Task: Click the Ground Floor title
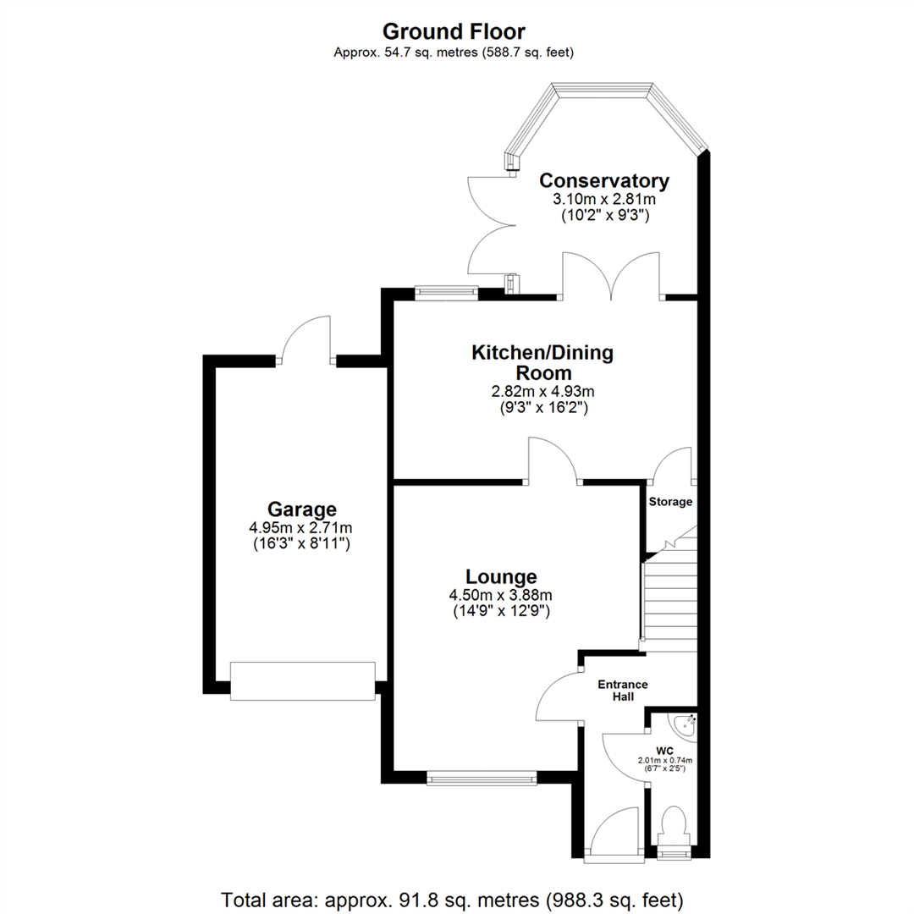[x=454, y=31]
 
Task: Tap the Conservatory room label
[x=604, y=180]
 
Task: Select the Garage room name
[x=302, y=509]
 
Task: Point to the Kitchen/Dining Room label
[x=542, y=362]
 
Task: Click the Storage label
[x=670, y=502]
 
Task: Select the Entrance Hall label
[x=623, y=691]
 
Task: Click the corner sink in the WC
[x=685, y=724]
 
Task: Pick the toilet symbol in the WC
[x=674, y=824]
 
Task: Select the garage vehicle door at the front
[x=302, y=681]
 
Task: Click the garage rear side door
[x=306, y=339]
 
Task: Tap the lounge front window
[x=482, y=778]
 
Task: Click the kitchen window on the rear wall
[x=446, y=294]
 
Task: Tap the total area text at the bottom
[x=452, y=898]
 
